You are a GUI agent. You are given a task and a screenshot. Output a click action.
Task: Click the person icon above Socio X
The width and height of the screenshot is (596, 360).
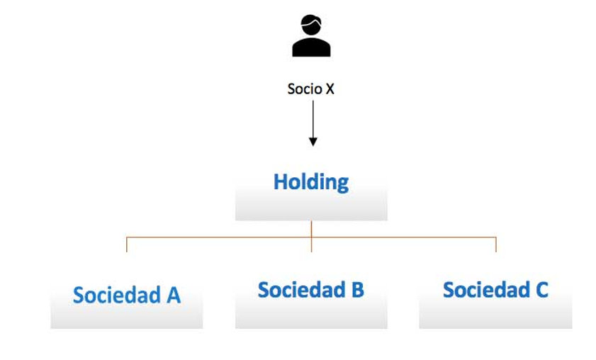tap(311, 37)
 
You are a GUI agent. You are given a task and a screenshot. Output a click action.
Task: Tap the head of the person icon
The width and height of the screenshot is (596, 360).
tap(311, 27)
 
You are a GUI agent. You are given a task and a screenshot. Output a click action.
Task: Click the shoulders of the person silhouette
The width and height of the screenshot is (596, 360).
tap(311, 48)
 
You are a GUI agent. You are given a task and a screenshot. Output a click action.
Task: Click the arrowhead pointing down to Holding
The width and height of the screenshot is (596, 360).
tap(313, 141)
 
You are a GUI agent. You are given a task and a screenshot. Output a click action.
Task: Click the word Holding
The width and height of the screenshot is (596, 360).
tap(311, 182)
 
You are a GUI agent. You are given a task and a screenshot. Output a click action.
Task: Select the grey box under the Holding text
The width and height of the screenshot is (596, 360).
tap(311, 208)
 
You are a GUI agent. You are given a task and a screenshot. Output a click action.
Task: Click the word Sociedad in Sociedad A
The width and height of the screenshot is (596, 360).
tap(117, 295)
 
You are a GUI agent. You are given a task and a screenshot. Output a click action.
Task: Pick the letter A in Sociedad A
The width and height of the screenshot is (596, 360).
tap(173, 295)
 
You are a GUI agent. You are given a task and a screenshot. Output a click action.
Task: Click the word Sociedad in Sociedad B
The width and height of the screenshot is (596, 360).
tap(301, 290)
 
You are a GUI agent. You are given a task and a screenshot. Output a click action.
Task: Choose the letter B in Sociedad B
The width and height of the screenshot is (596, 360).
tap(357, 290)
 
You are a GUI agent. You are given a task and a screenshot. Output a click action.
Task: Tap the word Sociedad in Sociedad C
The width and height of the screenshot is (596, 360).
tap(486, 290)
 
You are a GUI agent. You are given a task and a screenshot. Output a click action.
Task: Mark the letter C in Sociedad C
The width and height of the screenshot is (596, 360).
tap(541, 290)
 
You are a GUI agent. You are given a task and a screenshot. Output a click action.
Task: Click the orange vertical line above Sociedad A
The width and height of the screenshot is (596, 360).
tap(127, 244)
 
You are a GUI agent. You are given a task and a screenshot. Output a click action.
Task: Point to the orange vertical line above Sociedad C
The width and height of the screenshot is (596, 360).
tap(495, 244)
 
